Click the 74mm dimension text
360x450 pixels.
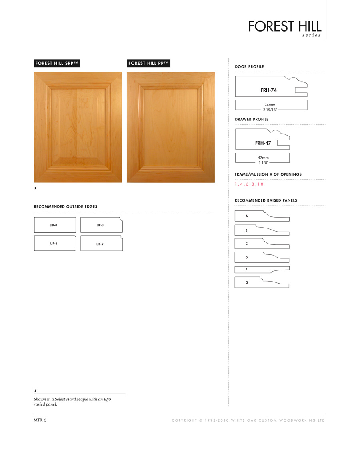(270, 104)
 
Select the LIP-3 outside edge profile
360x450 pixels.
(101, 226)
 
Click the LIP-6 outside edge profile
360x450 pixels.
(55, 243)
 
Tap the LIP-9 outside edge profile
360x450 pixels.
(101, 243)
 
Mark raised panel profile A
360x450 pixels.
(262, 216)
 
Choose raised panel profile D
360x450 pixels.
(262, 257)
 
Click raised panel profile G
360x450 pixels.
(262, 282)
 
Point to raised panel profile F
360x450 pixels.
(262, 270)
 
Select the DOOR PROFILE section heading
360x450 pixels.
(250, 66)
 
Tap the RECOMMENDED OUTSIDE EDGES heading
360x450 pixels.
(66, 206)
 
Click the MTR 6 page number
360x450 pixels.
(40, 420)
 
